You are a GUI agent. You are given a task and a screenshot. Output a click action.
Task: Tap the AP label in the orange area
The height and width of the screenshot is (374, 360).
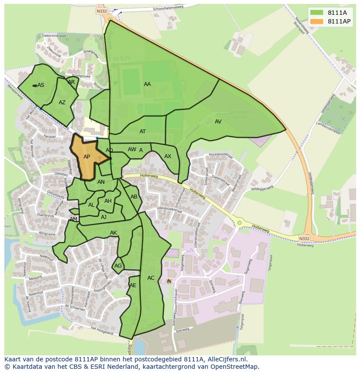(87, 157)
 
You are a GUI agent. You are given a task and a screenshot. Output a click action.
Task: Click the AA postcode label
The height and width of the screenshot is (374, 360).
(147, 84)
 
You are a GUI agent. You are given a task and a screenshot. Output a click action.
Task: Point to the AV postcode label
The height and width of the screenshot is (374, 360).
(218, 122)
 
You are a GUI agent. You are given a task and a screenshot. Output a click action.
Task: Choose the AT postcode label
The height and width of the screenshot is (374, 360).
(143, 132)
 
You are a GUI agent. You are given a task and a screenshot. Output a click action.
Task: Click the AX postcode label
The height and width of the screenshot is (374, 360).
(168, 156)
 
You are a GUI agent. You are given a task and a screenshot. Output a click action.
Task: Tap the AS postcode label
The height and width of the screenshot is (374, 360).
(41, 85)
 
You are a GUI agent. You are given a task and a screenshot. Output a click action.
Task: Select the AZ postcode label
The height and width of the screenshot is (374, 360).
(62, 103)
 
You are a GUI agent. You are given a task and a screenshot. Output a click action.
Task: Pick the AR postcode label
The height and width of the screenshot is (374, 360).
(71, 82)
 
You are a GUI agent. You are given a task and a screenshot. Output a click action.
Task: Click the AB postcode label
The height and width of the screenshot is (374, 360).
(134, 197)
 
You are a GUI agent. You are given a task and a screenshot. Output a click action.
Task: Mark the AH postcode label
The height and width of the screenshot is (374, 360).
(108, 201)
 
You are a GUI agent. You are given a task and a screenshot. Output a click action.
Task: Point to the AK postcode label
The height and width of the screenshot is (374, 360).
(113, 233)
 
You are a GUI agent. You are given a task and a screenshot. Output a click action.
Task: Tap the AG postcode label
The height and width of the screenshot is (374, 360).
(118, 266)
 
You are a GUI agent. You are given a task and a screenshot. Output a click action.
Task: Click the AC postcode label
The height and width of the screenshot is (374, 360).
(151, 278)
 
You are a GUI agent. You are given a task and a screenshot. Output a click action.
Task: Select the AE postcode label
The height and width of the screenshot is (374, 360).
(133, 285)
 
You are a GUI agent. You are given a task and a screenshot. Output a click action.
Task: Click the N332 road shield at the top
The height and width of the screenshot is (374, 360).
(102, 11)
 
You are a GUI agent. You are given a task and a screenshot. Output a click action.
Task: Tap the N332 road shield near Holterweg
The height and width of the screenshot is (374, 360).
(304, 238)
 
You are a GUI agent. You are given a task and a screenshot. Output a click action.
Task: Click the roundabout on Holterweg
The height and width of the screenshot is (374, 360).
(239, 223)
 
